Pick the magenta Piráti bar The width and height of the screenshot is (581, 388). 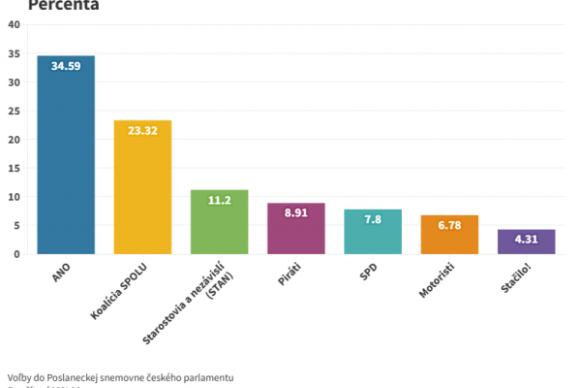pyautogui.click(x=295, y=233)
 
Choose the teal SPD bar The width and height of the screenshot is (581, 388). pyautogui.click(x=373, y=236)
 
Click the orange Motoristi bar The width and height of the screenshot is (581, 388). pyautogui.click(x=449, y=239)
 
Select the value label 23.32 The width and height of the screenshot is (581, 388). pyautogui.click(x=142, y=131)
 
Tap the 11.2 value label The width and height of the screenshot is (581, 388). pyautogui.click(x=219, y=200)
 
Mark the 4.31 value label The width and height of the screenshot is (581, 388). pyautogui.click(x=526, y=240)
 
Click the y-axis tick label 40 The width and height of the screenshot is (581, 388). pyautogui.click(x=14, y=25)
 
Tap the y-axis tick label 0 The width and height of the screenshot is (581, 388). pyautogui.click(x=16, y=254)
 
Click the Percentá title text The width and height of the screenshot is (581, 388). pyautogui.click(x=63, y=5)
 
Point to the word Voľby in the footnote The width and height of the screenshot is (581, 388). pyautogui.click(x=19, y=376)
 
